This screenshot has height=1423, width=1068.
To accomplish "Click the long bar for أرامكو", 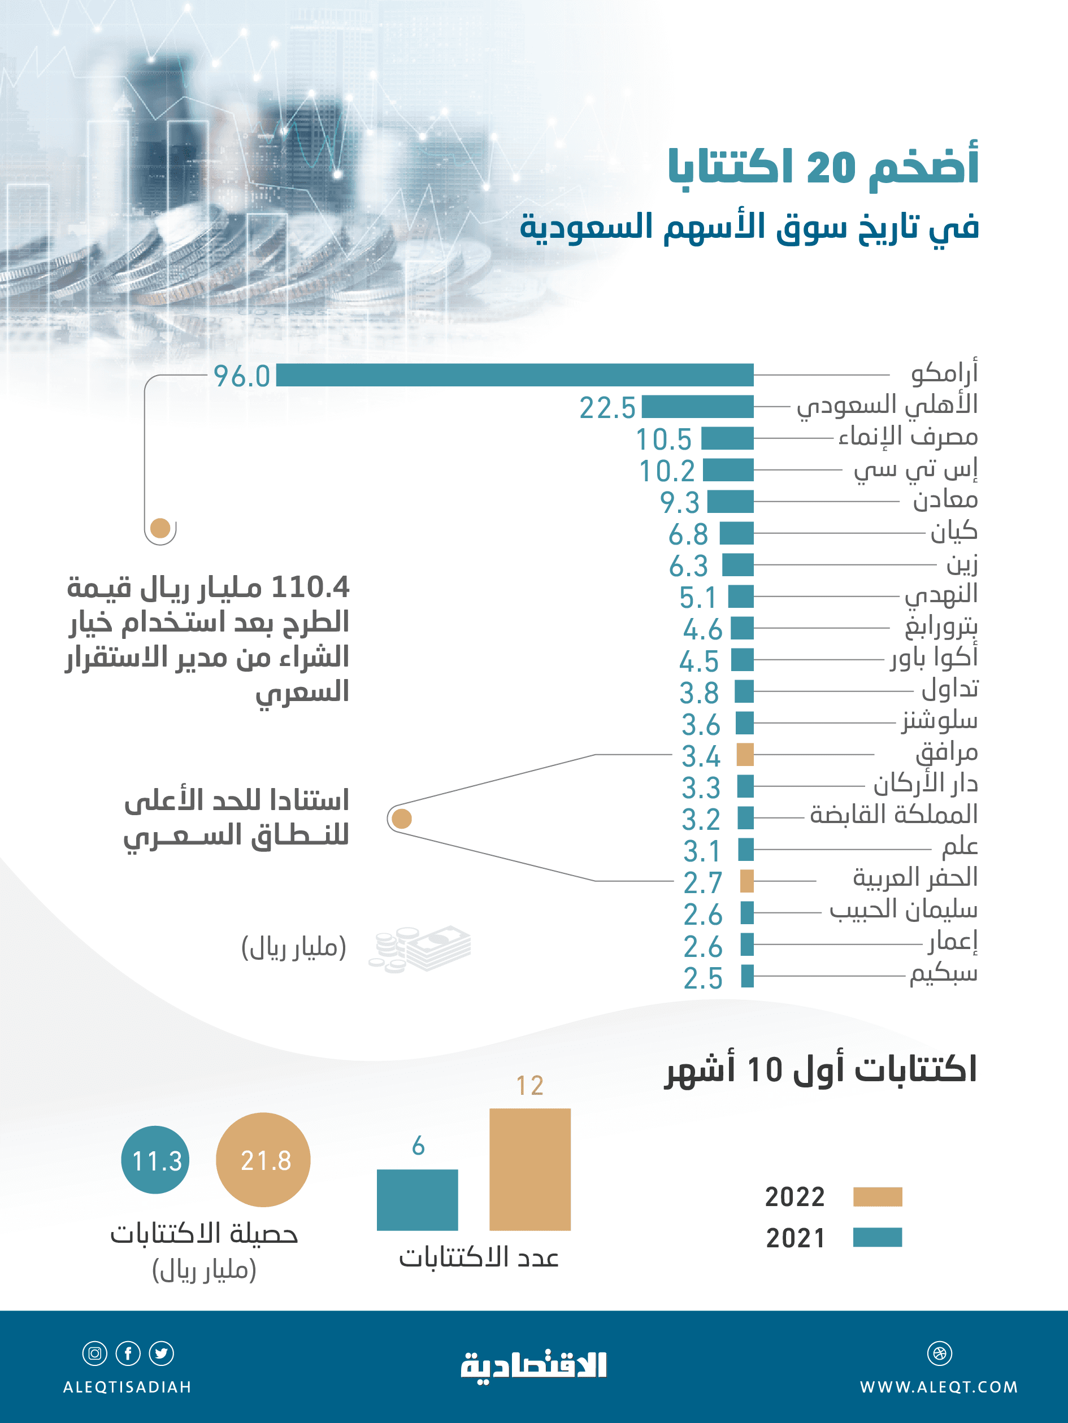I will pos(515,375).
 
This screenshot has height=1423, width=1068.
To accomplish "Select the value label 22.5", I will pos(607,408).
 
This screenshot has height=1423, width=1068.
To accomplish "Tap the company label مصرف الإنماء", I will pos(908,437).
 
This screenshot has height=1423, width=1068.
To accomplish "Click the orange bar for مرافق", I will pos(745,755).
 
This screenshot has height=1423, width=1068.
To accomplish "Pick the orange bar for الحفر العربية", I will pos(746,881).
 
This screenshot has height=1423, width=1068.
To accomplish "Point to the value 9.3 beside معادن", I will pos(679,502).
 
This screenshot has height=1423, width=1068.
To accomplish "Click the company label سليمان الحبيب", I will pos(904,909).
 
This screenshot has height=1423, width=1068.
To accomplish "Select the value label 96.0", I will pos(242,376).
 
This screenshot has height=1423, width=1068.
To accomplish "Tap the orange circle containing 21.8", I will pos(263,1160).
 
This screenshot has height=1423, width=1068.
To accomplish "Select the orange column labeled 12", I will pos(529,1169).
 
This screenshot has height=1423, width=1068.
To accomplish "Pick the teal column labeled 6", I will pos(417,1200).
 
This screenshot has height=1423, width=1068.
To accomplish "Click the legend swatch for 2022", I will pos(878,1196).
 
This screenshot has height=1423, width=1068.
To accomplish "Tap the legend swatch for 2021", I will pos(878,1237).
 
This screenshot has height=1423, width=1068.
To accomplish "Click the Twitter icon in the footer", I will pos(161,1354).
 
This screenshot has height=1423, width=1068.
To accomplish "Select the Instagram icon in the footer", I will pos(94,1354).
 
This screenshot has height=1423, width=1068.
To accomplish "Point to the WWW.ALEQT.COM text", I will pos(939,1387).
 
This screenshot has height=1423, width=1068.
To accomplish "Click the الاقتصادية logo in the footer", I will pos(533,1367).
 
